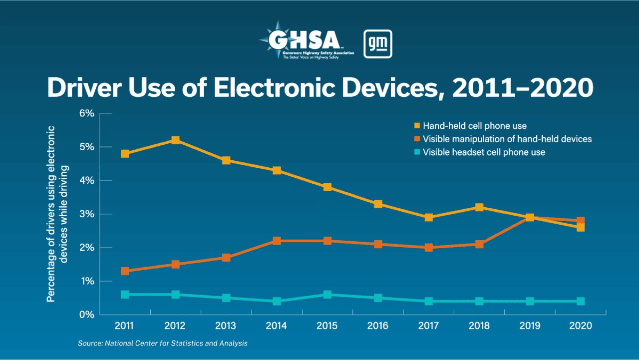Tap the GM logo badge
coord(377,44)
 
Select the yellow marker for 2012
coord(175,140)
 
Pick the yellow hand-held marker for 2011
coord(125,154)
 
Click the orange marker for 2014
coord(277,241)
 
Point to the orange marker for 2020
coord(580,221)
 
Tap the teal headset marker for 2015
coord(327,295)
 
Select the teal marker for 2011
coord(125,295)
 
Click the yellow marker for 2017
coord(428,218)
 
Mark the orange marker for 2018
coord(479,244)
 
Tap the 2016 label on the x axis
coord(377,326)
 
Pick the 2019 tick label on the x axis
coord(530,326)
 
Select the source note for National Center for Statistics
coord(163,344)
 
